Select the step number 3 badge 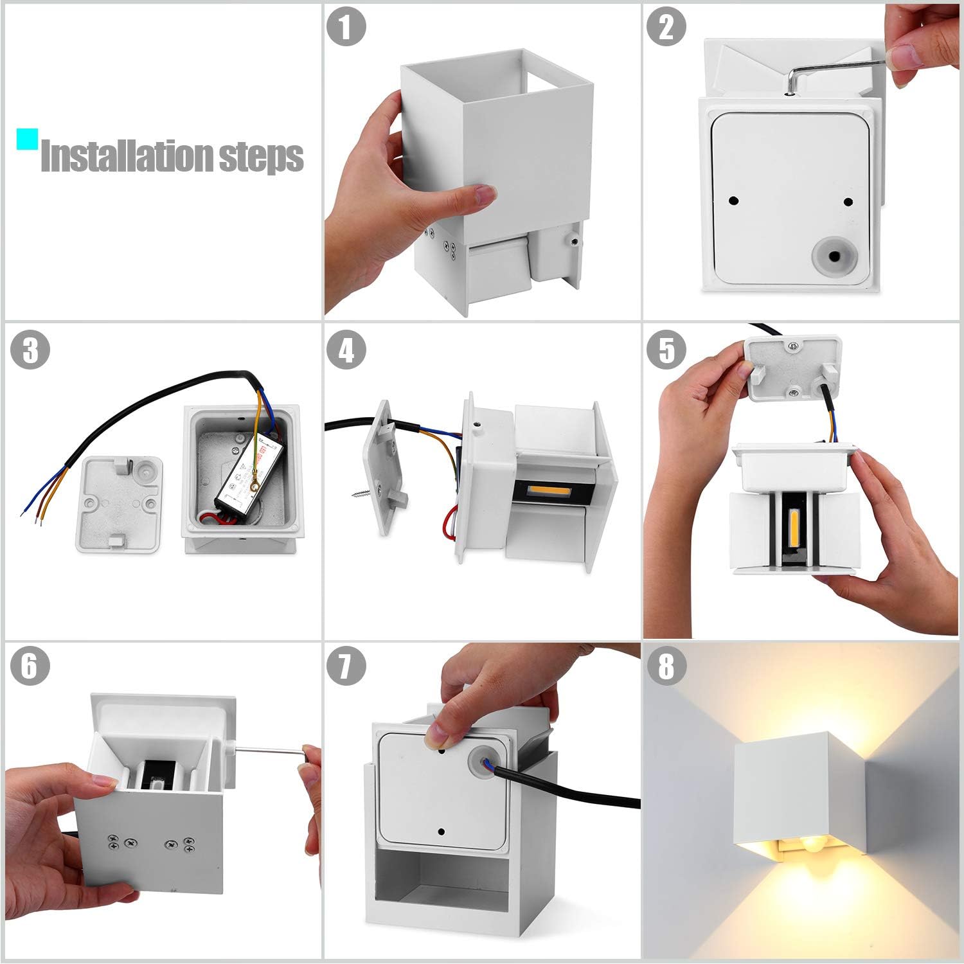pyautogui.click(x=30, y=351)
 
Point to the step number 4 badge pyautogui.click(x=346, y=351)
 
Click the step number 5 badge pyautogui.click(x=666, y=351)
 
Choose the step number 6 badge pyautogui.click(x=30, y=666)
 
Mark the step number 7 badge pyautogui.click(x=346, y=666)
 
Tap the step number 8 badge pyautogui.click(x=666, y=666)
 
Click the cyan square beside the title pyautogui.click(x=27, y=139)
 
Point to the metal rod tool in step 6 pyautogui.click(x=267, y=749)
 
